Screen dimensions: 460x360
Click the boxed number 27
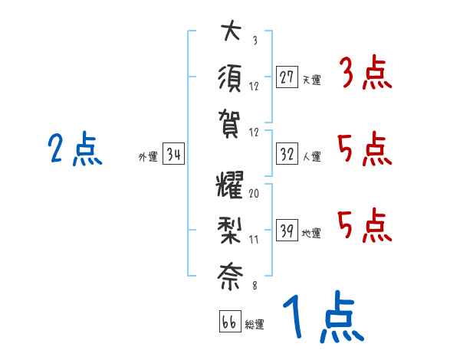click(x=287, y=77)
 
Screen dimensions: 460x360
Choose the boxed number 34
click(x=174, y=155)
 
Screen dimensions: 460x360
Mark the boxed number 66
click(x=229, y=322)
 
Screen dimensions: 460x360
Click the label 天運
click(x=311, y=80)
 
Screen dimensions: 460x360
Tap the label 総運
click(x=255, y=324)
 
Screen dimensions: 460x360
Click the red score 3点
click(x=364, y=75)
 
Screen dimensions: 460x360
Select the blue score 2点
click(x=74, y=149)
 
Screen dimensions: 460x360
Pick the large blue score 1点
click(x=321, y=318)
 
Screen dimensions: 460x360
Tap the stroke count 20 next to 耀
click(x=255, y=194)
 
